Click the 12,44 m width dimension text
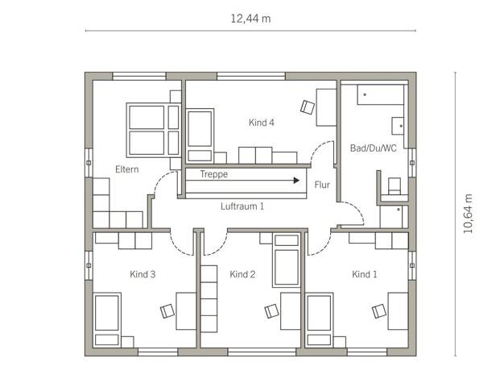click(x=250, y=19)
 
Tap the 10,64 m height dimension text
click(x=468, y=214)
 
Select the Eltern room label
click(x=127, y=169)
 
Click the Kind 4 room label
click(x=262, y=123)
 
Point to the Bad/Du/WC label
click(x=374, y=148)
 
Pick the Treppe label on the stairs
click(x=213, y=174)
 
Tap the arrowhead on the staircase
click(x=296, y=181)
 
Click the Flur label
click(x=322, y=185)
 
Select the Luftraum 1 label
click(x=242, y=206)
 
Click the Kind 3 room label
click(x=143, y=274)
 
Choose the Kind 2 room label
click(x=242, y=274)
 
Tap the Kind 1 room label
click(x=365, y=274)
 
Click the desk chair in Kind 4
click(x=308, y=107)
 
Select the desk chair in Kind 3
click(x=167, y=311)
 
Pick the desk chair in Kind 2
click(x=271, y=311)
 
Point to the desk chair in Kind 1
click(x=379, y=311)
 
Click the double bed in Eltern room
click(x=154, y=130)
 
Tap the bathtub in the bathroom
click(x=381, y=94)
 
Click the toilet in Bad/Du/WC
click(x=395, y=186)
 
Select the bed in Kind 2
click(x=287, y=260)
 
